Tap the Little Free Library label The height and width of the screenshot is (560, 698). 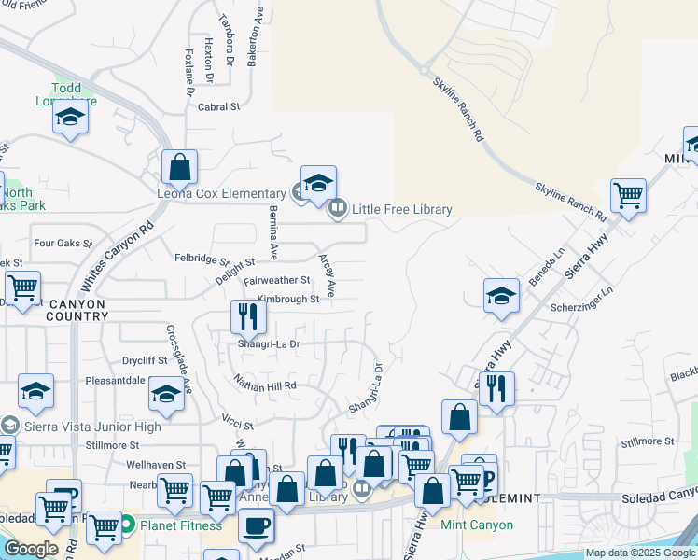coord(401,209)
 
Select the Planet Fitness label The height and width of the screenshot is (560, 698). coord(181,525)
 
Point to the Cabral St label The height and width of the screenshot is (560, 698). coord(219,107)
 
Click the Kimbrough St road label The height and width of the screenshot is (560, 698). coord(288,300)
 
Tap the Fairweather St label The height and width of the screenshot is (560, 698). coord(277,280)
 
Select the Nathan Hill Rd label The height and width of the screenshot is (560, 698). coord(265,385)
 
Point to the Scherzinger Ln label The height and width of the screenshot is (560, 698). coord(580,292)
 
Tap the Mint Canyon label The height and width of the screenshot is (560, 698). coord(477,525)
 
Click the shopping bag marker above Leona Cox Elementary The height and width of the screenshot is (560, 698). coord(179,168)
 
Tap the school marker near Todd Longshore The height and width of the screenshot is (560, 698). coord(70,119)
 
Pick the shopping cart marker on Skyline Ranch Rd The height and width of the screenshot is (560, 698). coord(629,197)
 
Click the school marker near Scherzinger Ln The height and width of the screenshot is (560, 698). coord(502,296)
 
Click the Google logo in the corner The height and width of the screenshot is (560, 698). coord(32,549)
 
